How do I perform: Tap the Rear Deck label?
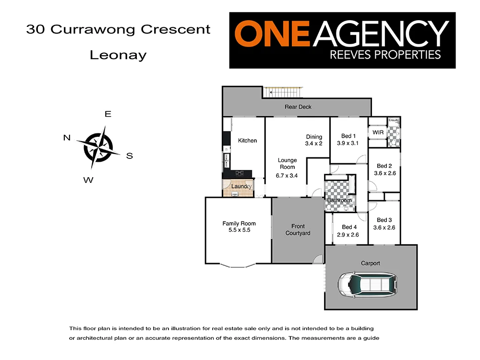pyautogui.click(x=298, y=107)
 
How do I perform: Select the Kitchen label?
pyautogui.click(x=247, y=141)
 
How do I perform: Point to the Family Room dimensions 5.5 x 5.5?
pyautogui.click(x=239, y=230)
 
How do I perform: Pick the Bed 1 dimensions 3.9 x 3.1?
pyautogui.click(x=348, y=143)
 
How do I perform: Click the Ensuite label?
pyautogui.click(x=394, y=120)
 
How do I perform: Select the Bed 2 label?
pyautogui.click(x=385, y=166)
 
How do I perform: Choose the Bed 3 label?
pyautogui.click(x=385, y=220)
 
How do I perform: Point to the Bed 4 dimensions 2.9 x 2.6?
pyautogui.click(x=348, y=235)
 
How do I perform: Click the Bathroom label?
pyautogui.click(x=339, y=200)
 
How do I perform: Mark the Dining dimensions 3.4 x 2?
pyautogui.click(x=313, y=144)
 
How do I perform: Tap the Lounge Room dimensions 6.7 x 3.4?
pyautogui.click(x=287, y=176)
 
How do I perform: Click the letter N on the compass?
pyautogui.click(x=67, y=138)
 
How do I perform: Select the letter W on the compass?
pyautogui.click(x=88, y=180)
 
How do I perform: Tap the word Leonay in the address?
pyautogui.click(x=118, y=55)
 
